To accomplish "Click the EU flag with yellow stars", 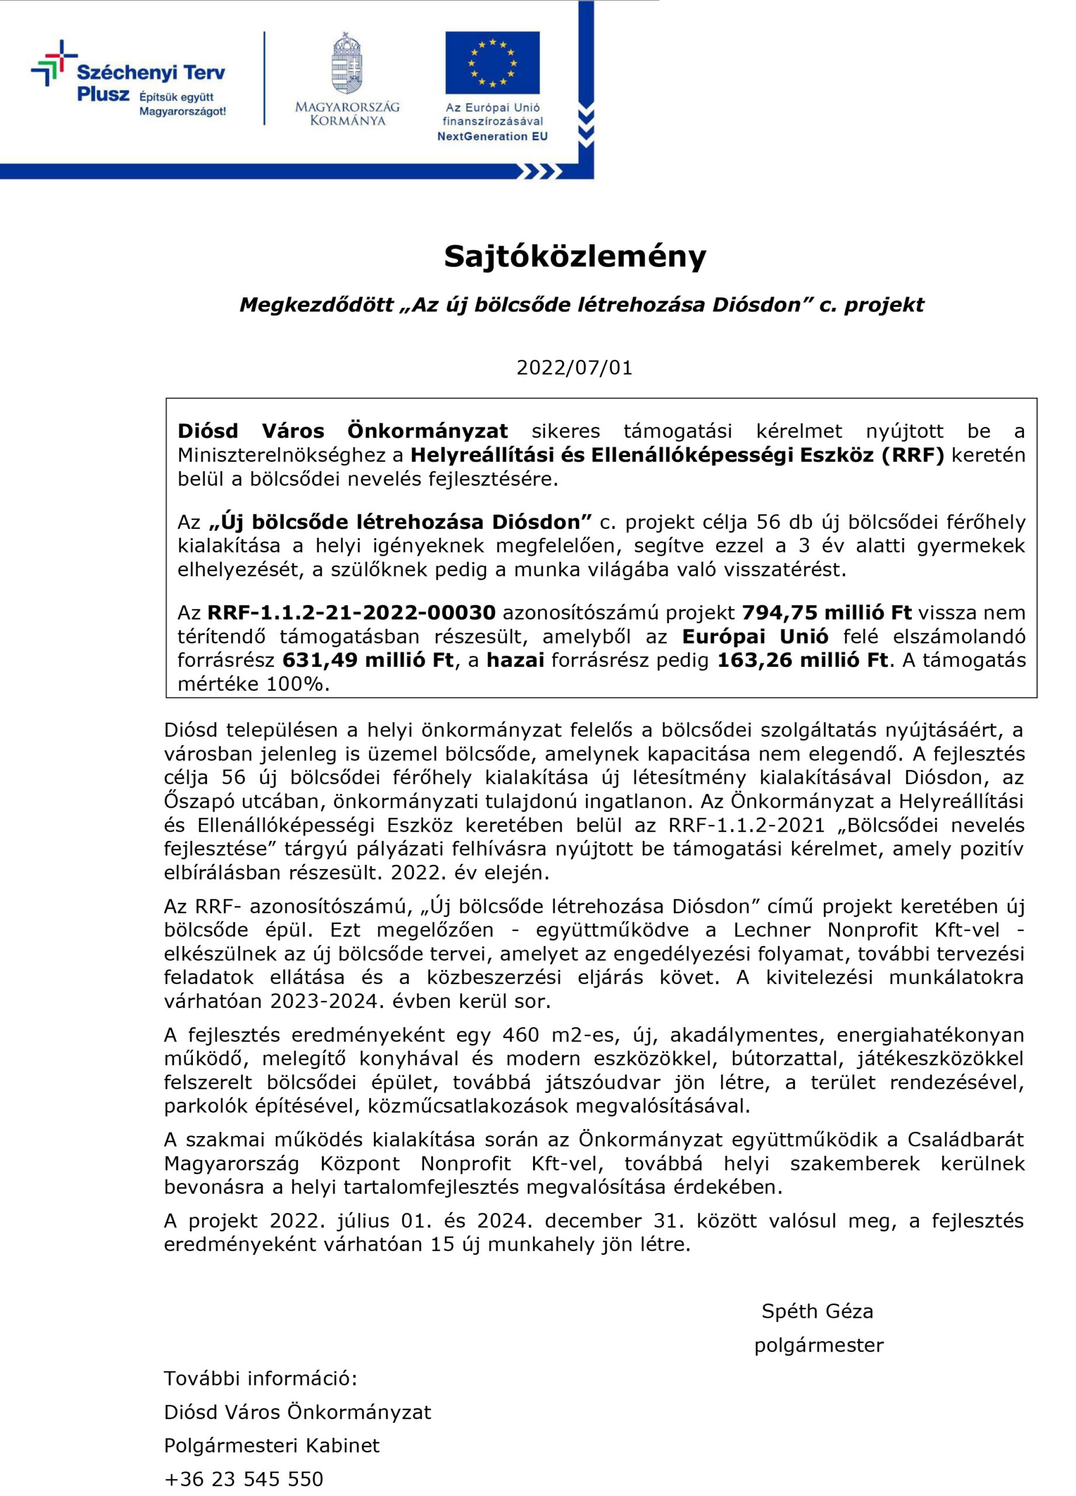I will coord(492,63).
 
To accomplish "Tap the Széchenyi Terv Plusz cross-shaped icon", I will coord(54,63).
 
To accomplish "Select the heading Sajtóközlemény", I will coord(574,256).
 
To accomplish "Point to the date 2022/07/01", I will coord(574,368).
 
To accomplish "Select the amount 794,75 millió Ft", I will coord(826,612).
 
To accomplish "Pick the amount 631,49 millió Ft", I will coord(368,660).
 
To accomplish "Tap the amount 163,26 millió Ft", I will coord(802,660).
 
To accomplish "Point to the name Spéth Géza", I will coord(816,1311).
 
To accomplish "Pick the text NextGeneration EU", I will coord(492,137).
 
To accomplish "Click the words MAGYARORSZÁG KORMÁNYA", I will coord(347,113).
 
